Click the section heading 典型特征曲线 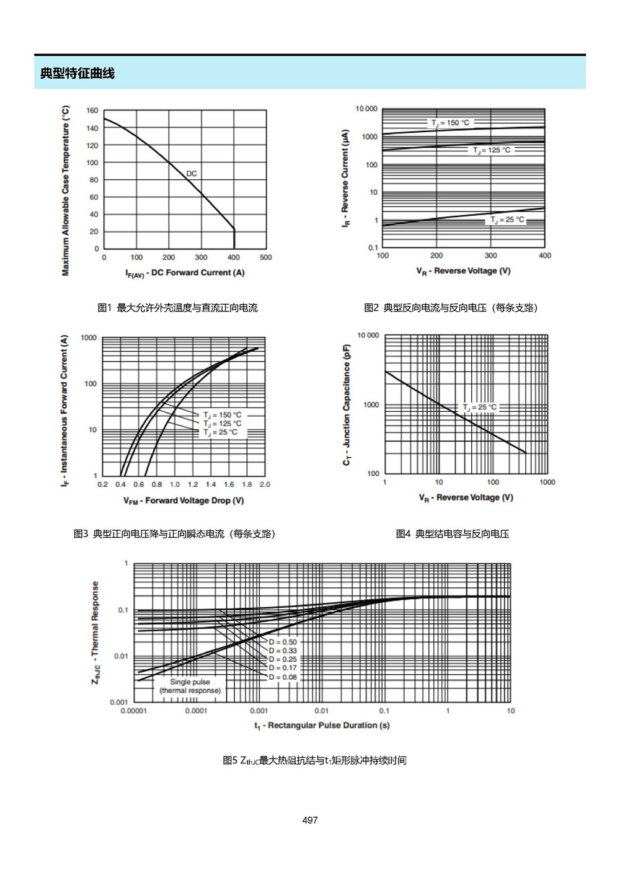(77, 73)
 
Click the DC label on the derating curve (192, 174)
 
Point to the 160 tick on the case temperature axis (92, 110)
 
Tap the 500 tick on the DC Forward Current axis (266, 257)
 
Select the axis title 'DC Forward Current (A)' (198, 272)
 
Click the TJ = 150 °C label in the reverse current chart (450, 123)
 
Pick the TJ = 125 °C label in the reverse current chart (492, 150)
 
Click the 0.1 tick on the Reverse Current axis (373, 247)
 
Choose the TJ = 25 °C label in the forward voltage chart (220, 432)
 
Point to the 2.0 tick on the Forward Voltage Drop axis (265, 484)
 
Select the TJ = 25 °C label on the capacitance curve (479, 407)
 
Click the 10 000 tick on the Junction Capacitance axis (368, 335)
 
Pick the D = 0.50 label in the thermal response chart (283, 642)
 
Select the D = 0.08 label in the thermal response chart (283, 677)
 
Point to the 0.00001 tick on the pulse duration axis (134, 711)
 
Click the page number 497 (310, 820)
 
